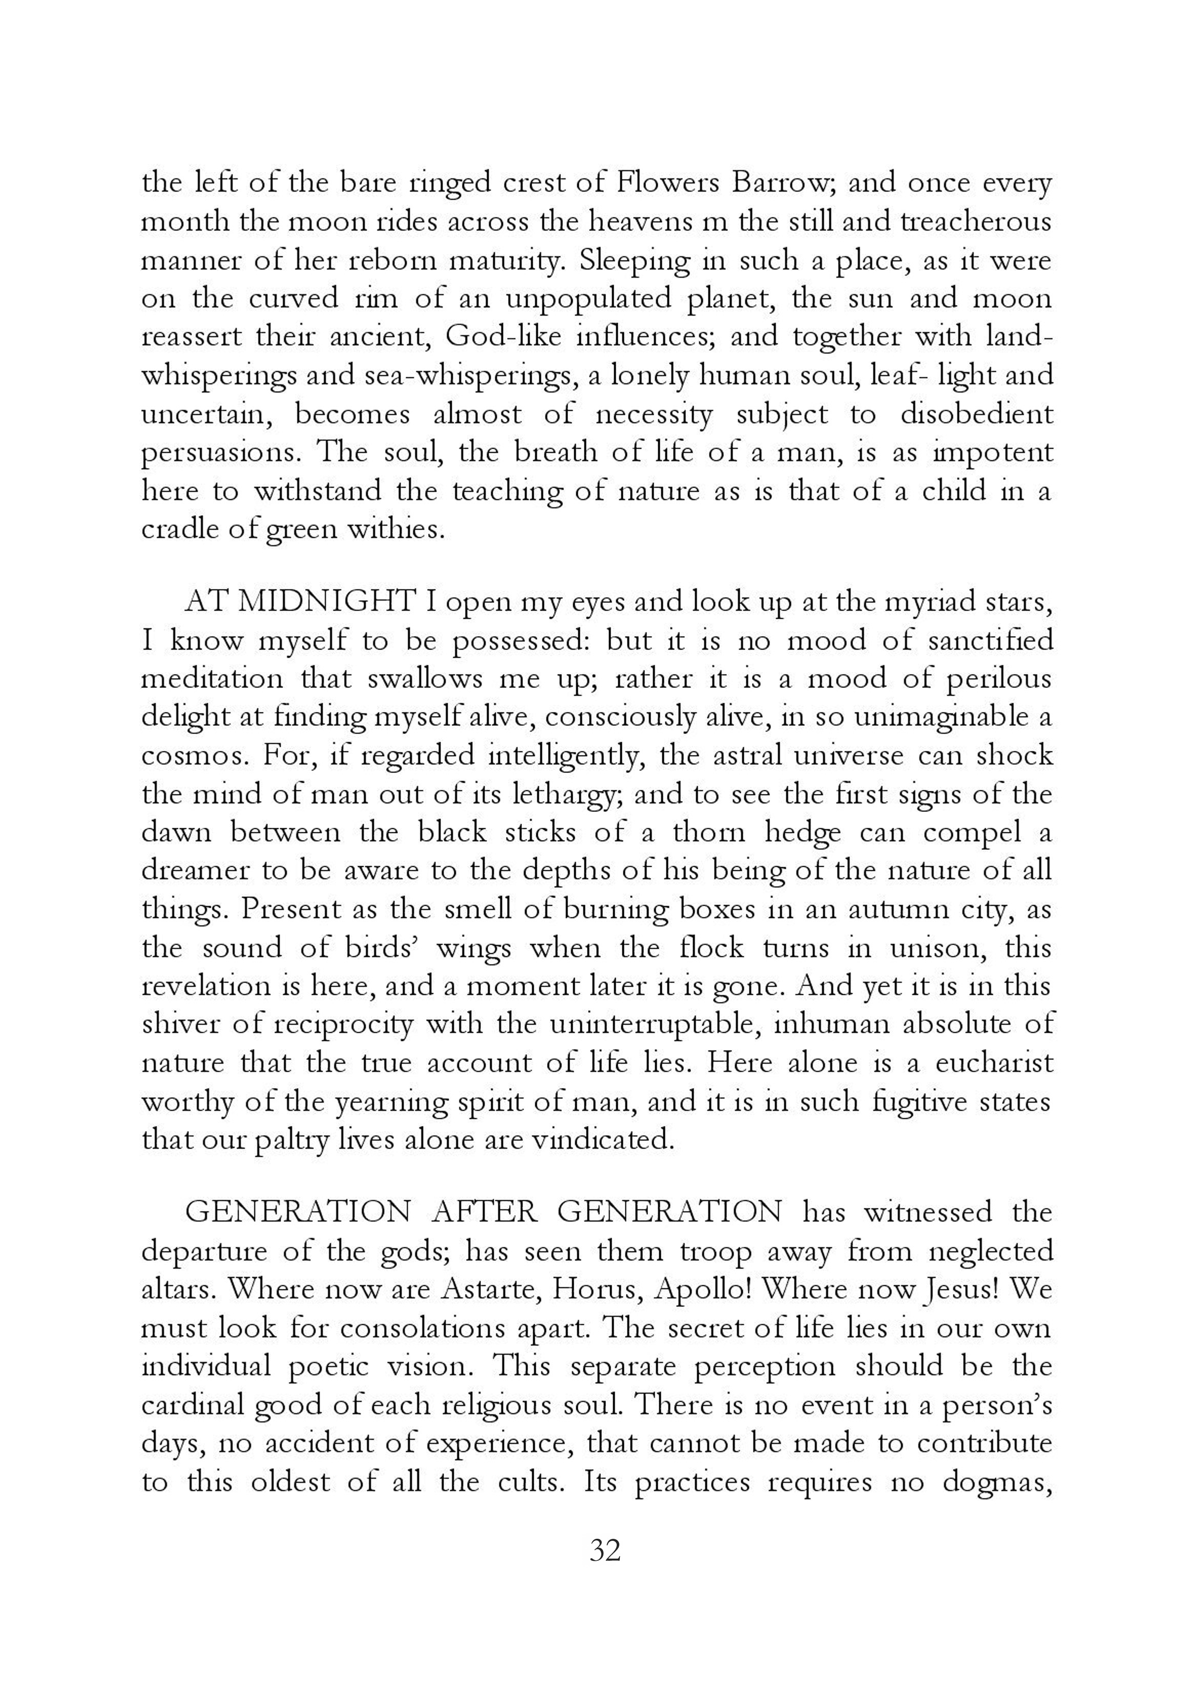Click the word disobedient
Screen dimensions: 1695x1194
tap(976, 414)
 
